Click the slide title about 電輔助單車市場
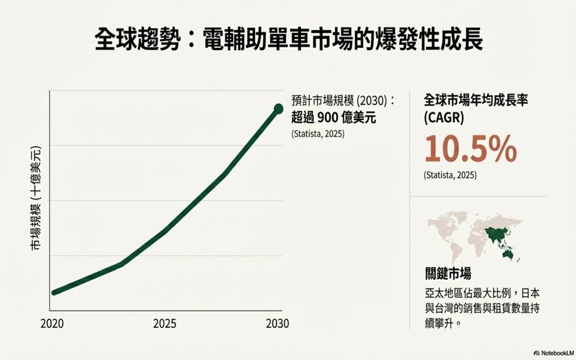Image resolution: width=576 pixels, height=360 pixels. pos(288,39)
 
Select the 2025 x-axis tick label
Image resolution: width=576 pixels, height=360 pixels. pos(165,323)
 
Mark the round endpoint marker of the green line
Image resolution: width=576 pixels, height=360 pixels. pos(278,108)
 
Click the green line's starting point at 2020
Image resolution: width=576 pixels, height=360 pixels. pos(54,292)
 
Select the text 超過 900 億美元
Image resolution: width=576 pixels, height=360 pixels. pos(334,117)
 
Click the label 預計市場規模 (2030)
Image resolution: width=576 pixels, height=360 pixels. pos(344,99)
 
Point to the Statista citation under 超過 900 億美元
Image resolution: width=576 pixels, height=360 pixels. pos(318,133)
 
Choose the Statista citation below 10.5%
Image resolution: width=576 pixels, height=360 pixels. pos(451,175)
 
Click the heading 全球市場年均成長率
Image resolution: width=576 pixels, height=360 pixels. pos(477,99)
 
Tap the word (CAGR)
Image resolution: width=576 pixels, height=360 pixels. pos(444,117)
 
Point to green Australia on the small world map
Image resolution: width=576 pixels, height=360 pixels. pos(508,254)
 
